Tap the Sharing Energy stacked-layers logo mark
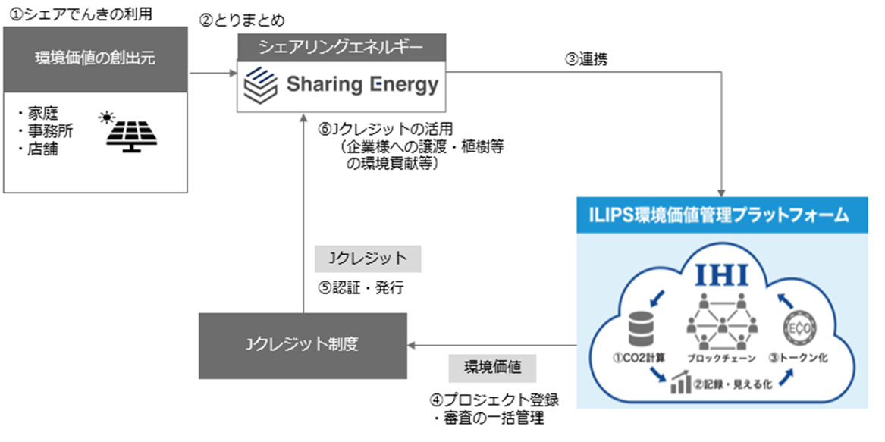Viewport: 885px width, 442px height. pos(259,83)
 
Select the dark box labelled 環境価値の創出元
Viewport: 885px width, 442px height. pos(96,58)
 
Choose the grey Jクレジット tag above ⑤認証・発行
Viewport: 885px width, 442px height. pos(369,259)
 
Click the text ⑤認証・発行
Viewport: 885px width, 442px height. pos(359,289)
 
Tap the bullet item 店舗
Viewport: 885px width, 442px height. pos(41,149)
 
